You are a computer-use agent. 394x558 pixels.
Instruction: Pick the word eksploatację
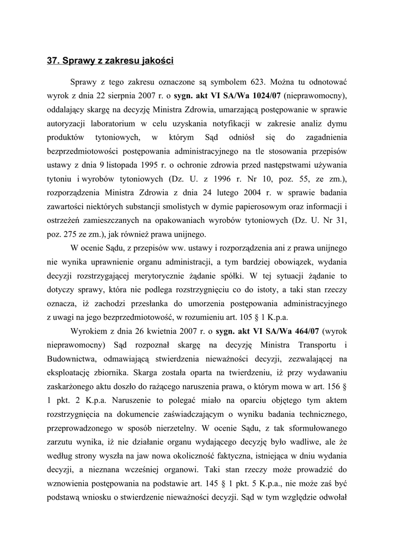click(x=73, y=373)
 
